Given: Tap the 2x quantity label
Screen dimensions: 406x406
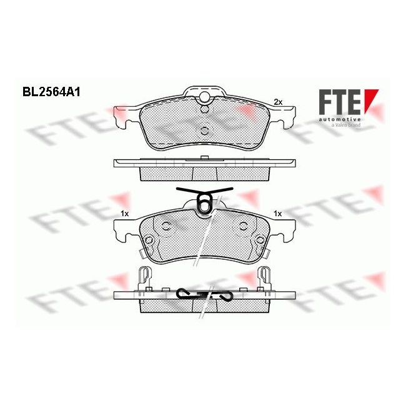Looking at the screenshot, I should point(279,102).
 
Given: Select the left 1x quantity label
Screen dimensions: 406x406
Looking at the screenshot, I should point(124,214).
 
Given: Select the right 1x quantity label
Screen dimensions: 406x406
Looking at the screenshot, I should point(278,214).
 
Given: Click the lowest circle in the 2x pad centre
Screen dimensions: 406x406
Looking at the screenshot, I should point(204,131).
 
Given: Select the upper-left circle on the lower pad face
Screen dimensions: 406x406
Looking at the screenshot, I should point(166,226).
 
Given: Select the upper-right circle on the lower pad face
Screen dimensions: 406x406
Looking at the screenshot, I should point(242,226).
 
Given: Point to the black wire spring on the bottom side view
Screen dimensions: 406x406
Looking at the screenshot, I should point(204,293).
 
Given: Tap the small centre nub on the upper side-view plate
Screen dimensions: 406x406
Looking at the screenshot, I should point(204,159).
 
